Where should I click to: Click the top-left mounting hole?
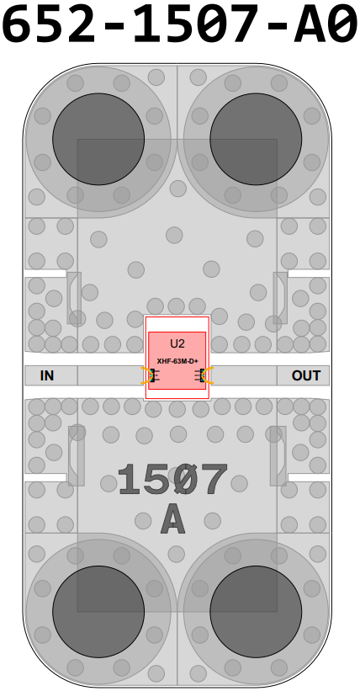pyautogui.click(x=98, y=139)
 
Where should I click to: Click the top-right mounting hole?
pyautogui.click(x=256, y=139)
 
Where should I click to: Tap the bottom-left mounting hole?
pyautogui.click(x=98, y=612)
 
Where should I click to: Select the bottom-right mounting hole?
pyautogui.click(x=256, y=612)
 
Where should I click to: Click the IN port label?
pyautogui.click(x=47, y=376)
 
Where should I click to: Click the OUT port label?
pyautogui.click(x=306, y=376)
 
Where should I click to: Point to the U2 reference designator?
pyautogui.click(x=177, y=343)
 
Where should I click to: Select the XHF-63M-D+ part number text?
pyautogui.click(x=177, y=361)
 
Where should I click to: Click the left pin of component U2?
pyautogui.click(x=152, y=375)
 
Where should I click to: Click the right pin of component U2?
pyautogui.click(x=203, y=375)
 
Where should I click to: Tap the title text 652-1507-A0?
pyautogui.click(x=180, y=22)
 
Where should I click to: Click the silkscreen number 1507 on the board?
pyautogui.click(x=172, y=481)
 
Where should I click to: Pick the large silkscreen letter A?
pyautogui.click(x=172, y=520)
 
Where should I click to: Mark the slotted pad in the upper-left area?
pyautogui.click(x=74, y=298)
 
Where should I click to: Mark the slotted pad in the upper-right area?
pyautogui.click(x=280, y=298)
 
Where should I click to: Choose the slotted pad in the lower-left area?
pyautogui.click(x=77, y=455)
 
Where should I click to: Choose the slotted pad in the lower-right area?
pyautogui.click(x=278, y=455)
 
